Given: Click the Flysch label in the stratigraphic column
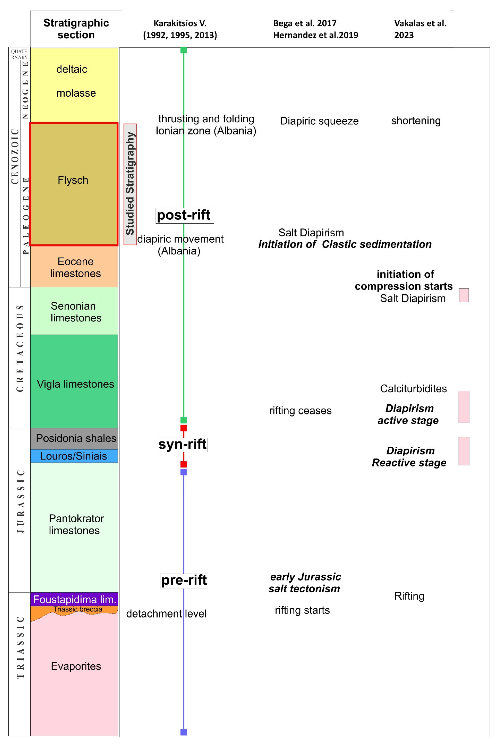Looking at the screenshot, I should tap(73, 180).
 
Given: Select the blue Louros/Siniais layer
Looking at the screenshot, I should tap(74, 456).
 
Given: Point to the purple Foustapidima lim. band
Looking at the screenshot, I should tap(75, 599).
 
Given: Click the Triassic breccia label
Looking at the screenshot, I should tap(78, 609).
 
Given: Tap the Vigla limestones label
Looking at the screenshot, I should tap(75, 384).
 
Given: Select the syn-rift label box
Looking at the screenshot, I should tap(183, 444).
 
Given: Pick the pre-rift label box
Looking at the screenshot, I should tap(184, 580).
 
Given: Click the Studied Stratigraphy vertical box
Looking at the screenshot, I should tap(130, 184).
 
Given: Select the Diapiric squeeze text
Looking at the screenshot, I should tap(319, 121).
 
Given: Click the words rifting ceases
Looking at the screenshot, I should tap(300, 410).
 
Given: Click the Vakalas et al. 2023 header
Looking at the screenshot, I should tap(420, 29).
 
